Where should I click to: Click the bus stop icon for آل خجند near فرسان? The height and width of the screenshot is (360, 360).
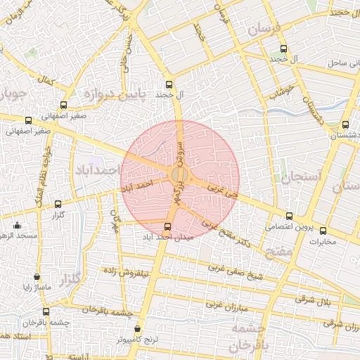tap(283, 49)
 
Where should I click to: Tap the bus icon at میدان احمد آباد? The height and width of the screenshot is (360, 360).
tap(167, 226)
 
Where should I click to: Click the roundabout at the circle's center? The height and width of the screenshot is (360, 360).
tap(180, 174)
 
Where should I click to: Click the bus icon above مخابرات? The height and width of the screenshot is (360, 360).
tap(323, 231)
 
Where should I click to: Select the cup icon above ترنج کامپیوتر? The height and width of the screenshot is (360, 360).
tap(138, 328)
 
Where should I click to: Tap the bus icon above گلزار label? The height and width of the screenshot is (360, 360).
tap(58, 204)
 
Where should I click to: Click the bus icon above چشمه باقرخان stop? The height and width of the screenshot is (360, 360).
tap(46, 311)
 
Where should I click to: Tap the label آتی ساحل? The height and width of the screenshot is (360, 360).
tap(345, 63)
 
